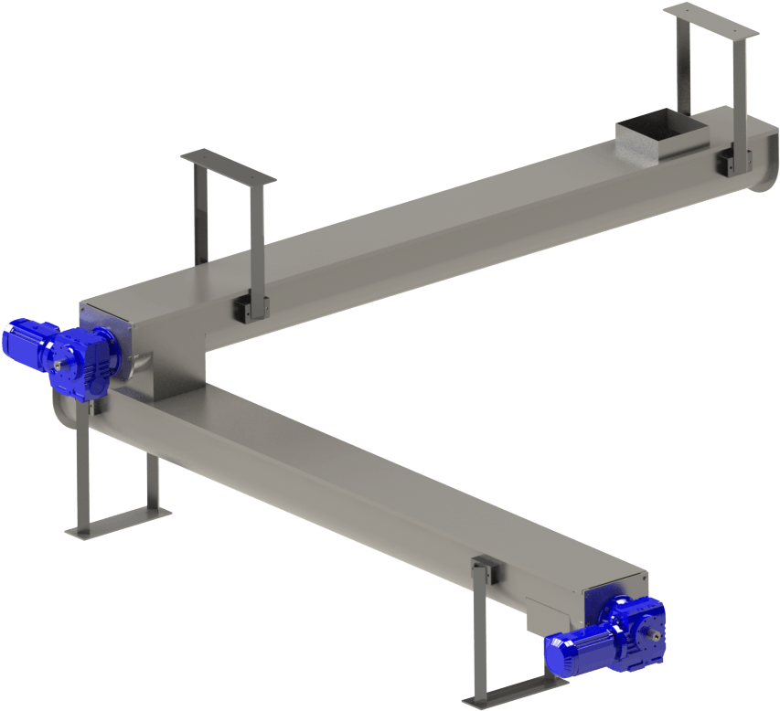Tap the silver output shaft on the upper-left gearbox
pyautogui.click(x=60, y=366)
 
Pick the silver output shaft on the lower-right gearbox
pyautogui.click(x=656, y=632)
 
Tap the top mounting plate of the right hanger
pyautogui.click(x=711, y=21)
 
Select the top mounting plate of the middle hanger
pyautogui.click(x=228, y=167)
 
